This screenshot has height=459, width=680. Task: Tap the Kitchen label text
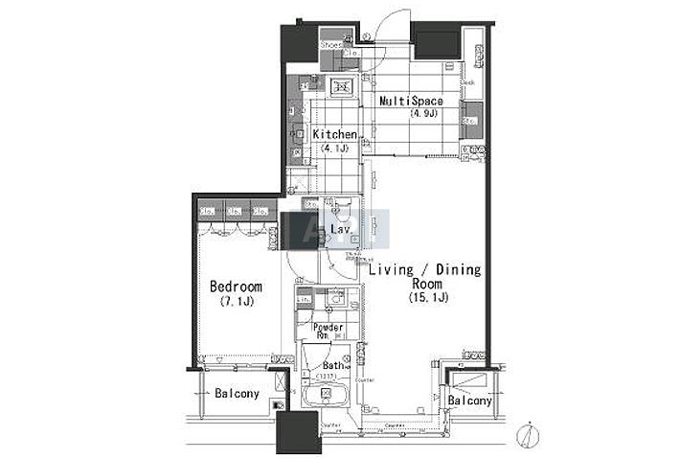(x=334, y=135)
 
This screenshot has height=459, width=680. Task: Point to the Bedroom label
(x=236, y=287)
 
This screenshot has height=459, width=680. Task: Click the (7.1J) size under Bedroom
(x=236, y=302)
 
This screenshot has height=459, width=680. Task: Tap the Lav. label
(x=339, y=230)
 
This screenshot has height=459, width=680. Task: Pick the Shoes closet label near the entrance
(x=331, y=44)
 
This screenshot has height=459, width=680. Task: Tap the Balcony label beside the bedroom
(x=236, y=394)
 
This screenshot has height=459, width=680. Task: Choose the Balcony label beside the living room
(x=469, y=401)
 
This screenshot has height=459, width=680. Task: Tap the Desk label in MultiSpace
(x=468, y=83)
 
